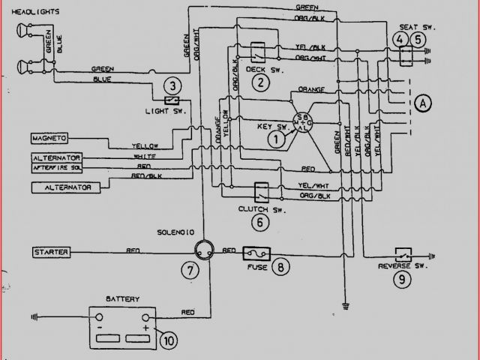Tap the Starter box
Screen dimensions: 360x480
point(52,251)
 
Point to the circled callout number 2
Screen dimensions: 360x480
point(260,82)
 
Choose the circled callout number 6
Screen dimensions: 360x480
point(260,220)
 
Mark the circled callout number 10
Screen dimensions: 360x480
point(169,340)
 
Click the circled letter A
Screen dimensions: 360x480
point(424,103)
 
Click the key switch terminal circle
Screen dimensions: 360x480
point(303,122)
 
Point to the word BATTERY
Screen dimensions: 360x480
point(123,298)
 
